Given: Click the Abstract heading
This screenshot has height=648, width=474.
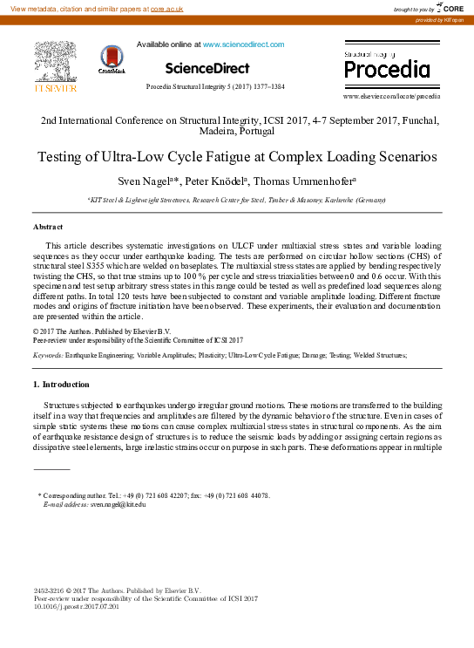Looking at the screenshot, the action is [x=47, y=226].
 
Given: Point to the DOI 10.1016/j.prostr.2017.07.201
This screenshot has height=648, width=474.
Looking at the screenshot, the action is [x=76, y=606].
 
